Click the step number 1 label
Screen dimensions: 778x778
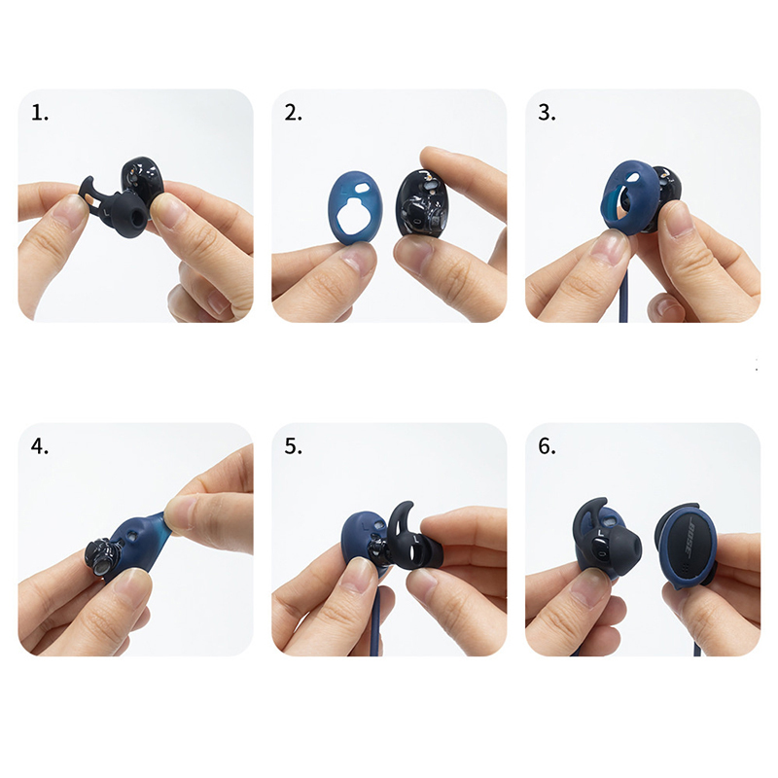coord(40,113)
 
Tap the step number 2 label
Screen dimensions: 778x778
coord(294,113)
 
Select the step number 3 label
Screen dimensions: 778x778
coord(547,113)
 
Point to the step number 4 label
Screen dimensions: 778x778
coord(40,446)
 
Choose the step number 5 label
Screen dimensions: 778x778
coord(294,446)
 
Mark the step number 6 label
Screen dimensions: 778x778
coord(547,446)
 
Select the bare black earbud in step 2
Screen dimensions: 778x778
coord(421,204)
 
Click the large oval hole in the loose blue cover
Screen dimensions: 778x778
coord(354,216)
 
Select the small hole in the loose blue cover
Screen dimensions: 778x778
coord(362,188)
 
